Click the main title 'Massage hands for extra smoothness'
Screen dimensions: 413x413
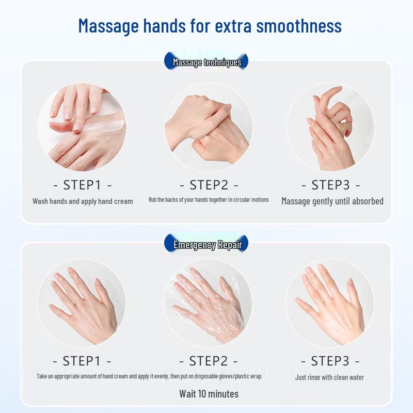point(210,25)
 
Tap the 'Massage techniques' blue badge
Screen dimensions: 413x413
point(206,62)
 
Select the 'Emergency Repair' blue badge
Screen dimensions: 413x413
point(206,244)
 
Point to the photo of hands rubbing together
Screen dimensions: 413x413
point(209,128)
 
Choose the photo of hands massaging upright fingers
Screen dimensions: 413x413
point(330,128)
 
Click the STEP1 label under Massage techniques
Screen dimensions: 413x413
point(83,185)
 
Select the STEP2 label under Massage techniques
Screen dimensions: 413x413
point(209,185)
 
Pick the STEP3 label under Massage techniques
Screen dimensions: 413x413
point(330,185)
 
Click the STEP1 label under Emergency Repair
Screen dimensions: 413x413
point(83,360)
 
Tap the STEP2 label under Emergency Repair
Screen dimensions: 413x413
point(209,360)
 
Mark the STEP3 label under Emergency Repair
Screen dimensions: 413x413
point(330,360)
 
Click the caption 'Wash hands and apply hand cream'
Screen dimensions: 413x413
point(83,201)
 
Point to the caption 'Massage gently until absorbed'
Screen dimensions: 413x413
point(332,201)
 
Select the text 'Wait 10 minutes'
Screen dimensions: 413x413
point(209,394)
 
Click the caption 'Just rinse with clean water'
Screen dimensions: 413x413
point(329,377)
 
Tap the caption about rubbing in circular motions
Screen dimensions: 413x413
point(209,200)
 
